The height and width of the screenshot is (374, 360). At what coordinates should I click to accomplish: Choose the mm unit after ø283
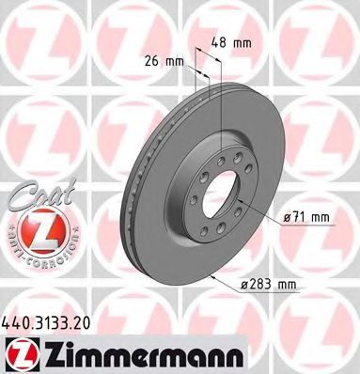click(288, 283)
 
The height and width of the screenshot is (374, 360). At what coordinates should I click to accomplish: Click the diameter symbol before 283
click(243, 284)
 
